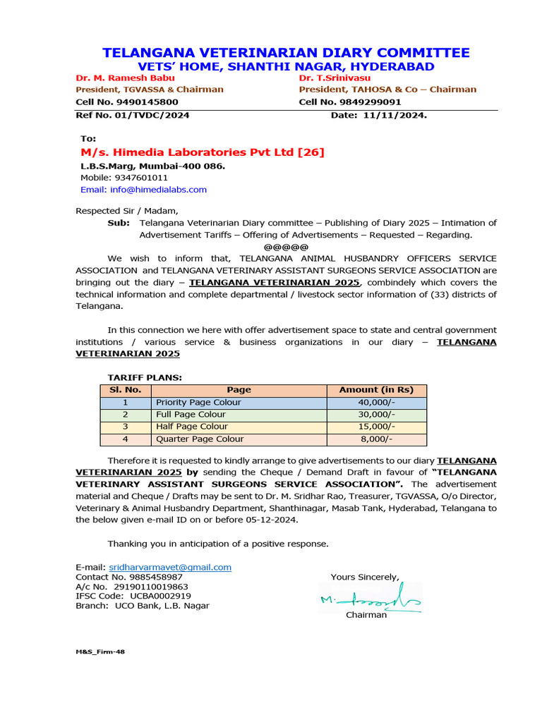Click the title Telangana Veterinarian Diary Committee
pos(286,53)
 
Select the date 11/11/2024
pos(399,115)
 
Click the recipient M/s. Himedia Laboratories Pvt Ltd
pos(202,152)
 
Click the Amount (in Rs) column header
pos(376,390)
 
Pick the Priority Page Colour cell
pos(198,403)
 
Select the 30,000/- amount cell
pos(376,415)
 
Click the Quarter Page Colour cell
pos(200,439)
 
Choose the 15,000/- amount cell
pos(376,427)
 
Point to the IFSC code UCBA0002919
pos(150,596)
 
